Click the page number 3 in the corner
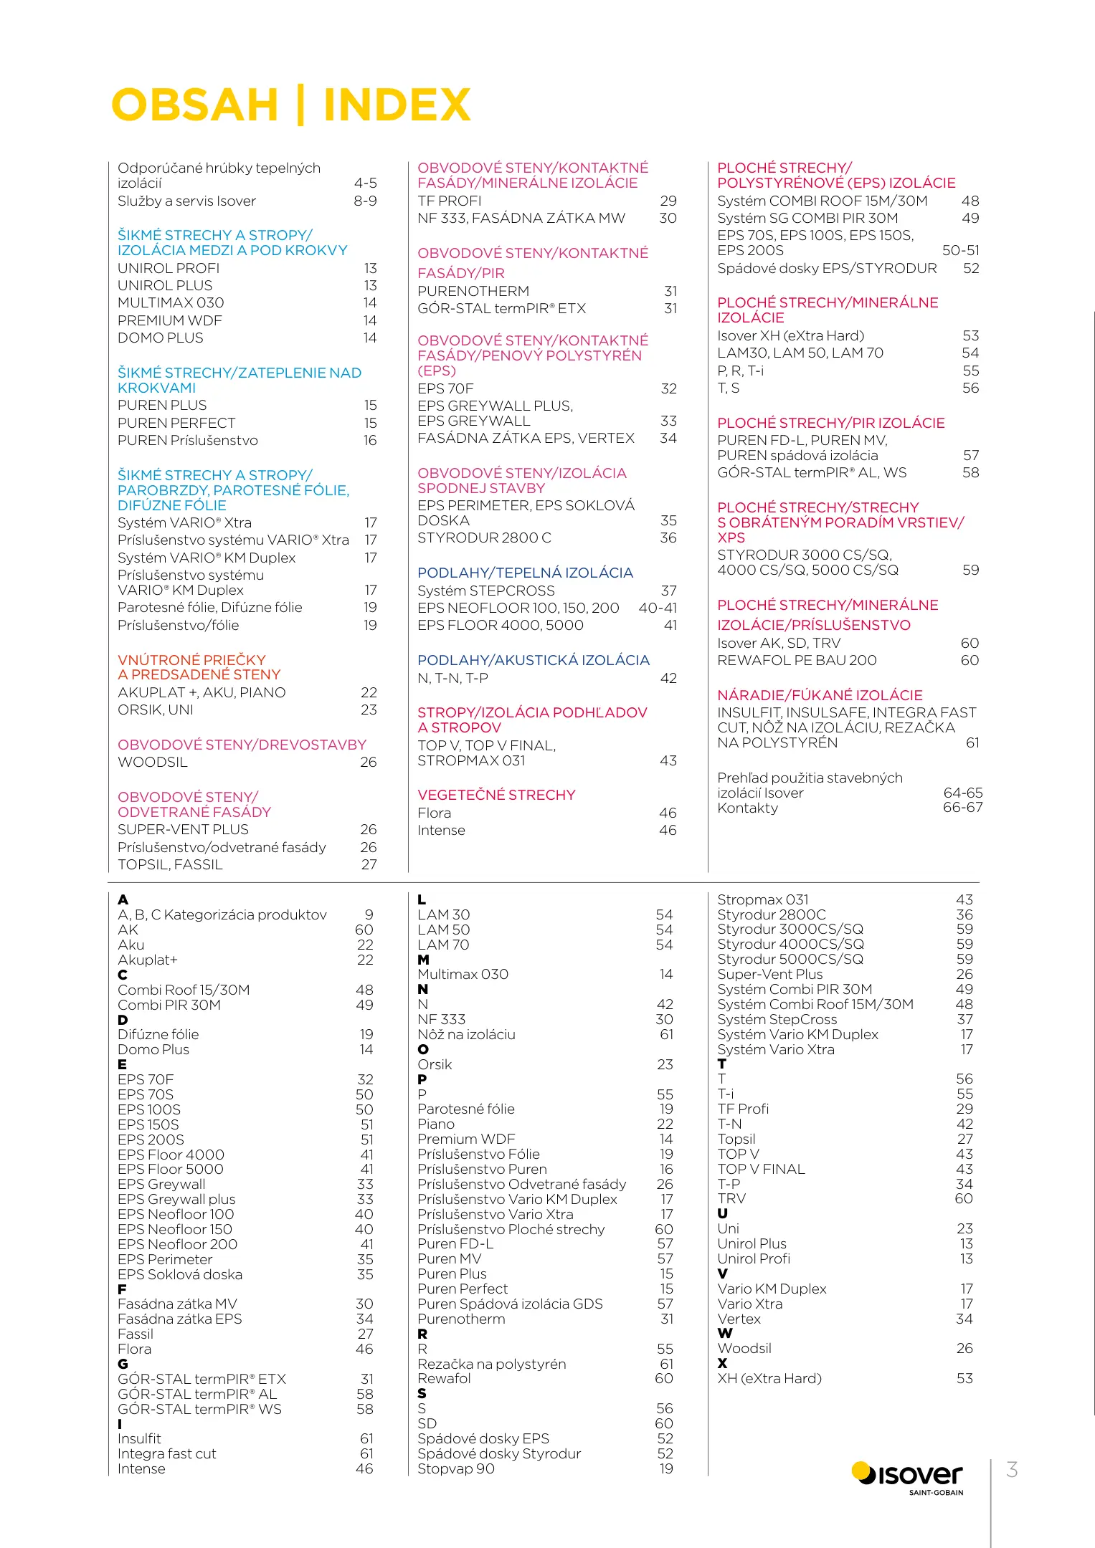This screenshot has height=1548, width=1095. click(x=1012, y=1470)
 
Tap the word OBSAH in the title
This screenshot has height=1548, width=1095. click(x=194, y=105)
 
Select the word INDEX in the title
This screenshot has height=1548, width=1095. click(x=397, y=105)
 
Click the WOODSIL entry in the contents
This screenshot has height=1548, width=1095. click(x=153, y=762)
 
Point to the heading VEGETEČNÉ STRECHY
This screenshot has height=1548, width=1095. click(x=496, y=795)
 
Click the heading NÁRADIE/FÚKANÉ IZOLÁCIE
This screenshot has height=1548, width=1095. click(x=820, y=695)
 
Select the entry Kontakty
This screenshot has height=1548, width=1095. click(x=747, y=808)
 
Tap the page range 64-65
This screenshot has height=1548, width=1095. click(x=962, y=793)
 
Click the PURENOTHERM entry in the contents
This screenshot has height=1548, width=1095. click(x=473, y=291)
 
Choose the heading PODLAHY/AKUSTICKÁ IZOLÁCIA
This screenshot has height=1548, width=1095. click(x=534, y=660)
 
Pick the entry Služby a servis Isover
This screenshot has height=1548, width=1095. click(x=186, y=201)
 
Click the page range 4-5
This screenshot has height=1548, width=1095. click(x=365, y=183)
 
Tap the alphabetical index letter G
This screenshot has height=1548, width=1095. click(x=123, y=1364)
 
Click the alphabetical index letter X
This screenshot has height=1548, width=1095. click(x=722, y=1363)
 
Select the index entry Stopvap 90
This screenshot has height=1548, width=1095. click(x=456, y=1468)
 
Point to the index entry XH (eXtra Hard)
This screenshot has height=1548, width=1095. click(x=769, y=1378)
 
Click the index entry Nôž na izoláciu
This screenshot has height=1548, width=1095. click(x=466, y=1034)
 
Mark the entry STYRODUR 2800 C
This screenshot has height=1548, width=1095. click(x=484, y=537)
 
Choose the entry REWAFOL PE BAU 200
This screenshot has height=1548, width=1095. click(x=797, y=660)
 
